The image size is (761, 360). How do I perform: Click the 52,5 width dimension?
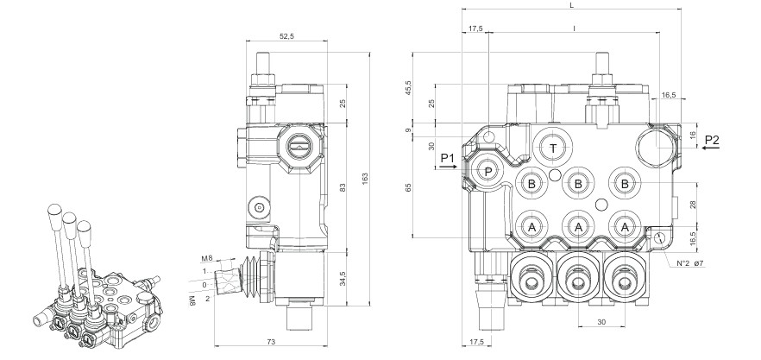point(286,36)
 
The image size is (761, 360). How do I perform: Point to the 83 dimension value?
point(343,187)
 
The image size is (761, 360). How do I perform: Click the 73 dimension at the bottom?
point(270,343)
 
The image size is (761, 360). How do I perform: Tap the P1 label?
point(447,157)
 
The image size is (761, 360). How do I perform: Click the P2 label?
point(712,139)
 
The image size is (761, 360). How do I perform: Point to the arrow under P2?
point(712,148)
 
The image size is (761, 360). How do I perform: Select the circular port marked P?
point(488,172)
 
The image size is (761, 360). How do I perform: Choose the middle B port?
point(577,183)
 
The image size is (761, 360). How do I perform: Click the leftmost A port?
point(532,225)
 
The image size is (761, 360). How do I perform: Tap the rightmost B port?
point(623,183)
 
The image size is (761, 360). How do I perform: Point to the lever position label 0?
point(204,284)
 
